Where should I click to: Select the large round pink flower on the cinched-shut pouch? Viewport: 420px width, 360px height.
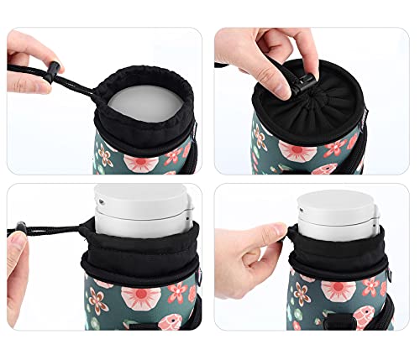click(x=298, y=152)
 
